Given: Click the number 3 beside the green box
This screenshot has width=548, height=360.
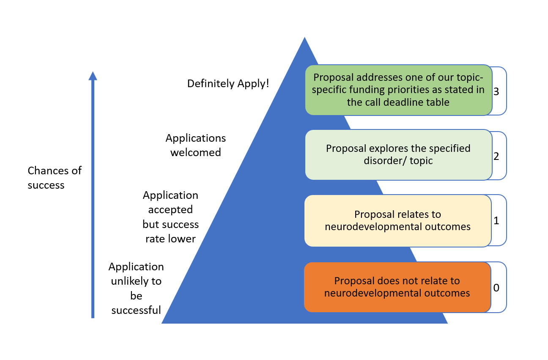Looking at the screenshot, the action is pos(496,91).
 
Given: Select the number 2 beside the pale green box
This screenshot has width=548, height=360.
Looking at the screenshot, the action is pos(496,156).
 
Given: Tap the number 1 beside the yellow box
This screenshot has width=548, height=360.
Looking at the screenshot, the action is pos(496,221).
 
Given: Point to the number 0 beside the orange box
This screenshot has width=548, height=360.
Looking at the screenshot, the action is pos(496,288).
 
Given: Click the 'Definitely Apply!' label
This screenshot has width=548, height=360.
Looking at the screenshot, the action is pos(228,84).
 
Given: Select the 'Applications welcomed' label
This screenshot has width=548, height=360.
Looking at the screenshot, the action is pos(195,145).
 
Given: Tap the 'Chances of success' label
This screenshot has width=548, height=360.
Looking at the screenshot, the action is pos(54,178).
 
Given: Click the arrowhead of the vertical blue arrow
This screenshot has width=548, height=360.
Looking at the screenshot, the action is pos(93,76).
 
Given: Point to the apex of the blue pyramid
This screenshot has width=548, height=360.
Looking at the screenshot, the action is pos(304,38).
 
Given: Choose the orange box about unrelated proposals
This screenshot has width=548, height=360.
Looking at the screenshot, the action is pos(397,287).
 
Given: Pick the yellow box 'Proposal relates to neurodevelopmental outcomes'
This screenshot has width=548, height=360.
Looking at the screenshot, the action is pos(398,221).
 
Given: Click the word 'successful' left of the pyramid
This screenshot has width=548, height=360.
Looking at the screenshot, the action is pos(136,311).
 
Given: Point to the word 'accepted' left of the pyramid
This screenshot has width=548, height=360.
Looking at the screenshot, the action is pos(170,210).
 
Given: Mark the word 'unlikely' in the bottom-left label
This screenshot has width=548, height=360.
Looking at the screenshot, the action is pos(130,281).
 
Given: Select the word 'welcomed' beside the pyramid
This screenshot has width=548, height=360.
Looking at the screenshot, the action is pos(195,152).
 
